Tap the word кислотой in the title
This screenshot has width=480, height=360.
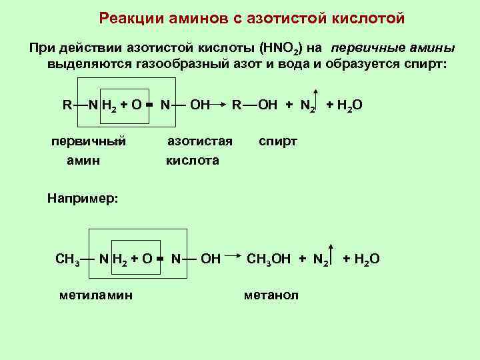[367, 18]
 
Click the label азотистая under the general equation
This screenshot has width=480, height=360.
[199, 141]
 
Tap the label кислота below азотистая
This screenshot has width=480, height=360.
[193, 161]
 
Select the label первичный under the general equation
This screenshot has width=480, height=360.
[89, 141]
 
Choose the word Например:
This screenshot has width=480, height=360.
[83, 198]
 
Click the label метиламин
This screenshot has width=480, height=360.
[95, 295]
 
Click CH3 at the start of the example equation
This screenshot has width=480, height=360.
[67, 259]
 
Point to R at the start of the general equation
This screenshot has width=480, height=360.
[67, 105]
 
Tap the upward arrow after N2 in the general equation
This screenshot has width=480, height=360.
[318, 99]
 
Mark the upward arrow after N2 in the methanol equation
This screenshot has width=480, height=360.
[331, 253]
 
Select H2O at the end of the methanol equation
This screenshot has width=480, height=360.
[365, 259]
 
